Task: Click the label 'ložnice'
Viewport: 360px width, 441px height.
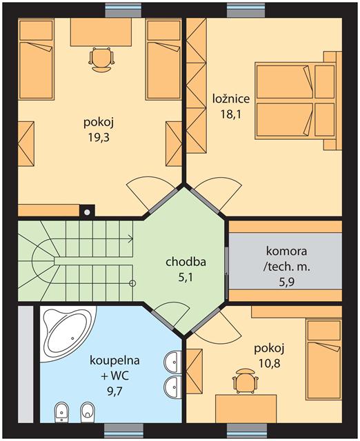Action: point(231,99)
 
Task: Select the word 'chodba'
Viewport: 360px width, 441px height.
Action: point(186,262)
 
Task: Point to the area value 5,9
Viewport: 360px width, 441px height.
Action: point(286,282)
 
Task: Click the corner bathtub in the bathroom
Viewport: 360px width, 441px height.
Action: point(67,334)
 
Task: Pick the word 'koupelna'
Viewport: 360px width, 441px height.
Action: point(114,360)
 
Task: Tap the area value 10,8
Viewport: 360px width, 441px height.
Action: point(270,364)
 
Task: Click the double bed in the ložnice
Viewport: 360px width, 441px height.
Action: point(298,101)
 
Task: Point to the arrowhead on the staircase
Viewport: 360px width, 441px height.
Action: point(130,239)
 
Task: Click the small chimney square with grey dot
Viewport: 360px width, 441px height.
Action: point(88,212)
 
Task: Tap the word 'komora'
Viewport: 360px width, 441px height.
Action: point(286,251)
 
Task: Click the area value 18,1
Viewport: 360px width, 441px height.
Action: point(231,114)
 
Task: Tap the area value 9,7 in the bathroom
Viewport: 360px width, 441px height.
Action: point(114,391)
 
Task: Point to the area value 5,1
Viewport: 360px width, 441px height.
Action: point(186,277)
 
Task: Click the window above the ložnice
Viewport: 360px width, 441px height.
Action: point(246,10)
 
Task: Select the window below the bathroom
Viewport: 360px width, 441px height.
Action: point(123,431)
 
